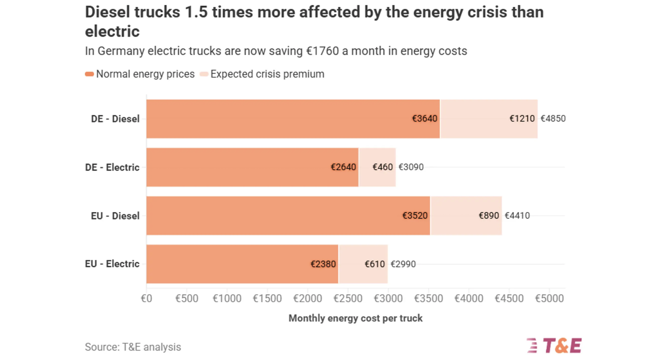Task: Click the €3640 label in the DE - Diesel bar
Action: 424,119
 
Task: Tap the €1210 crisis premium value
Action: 522,119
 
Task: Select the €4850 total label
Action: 553,119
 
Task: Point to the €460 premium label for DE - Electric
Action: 383,167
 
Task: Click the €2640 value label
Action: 343,167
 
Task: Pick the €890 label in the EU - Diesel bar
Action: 488,216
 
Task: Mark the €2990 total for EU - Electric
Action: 403,264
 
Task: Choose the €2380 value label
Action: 323,264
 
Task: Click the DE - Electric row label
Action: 112,167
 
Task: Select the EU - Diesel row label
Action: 115,216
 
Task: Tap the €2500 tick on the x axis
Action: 348,299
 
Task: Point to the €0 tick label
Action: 146,299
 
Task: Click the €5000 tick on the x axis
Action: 549,299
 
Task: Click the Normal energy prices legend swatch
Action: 89,74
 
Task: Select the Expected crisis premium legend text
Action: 267,74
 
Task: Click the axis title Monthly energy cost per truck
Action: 355,318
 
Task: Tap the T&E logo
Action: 554,345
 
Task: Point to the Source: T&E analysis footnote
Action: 133,347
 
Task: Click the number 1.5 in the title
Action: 196,12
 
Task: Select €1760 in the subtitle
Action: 322,51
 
